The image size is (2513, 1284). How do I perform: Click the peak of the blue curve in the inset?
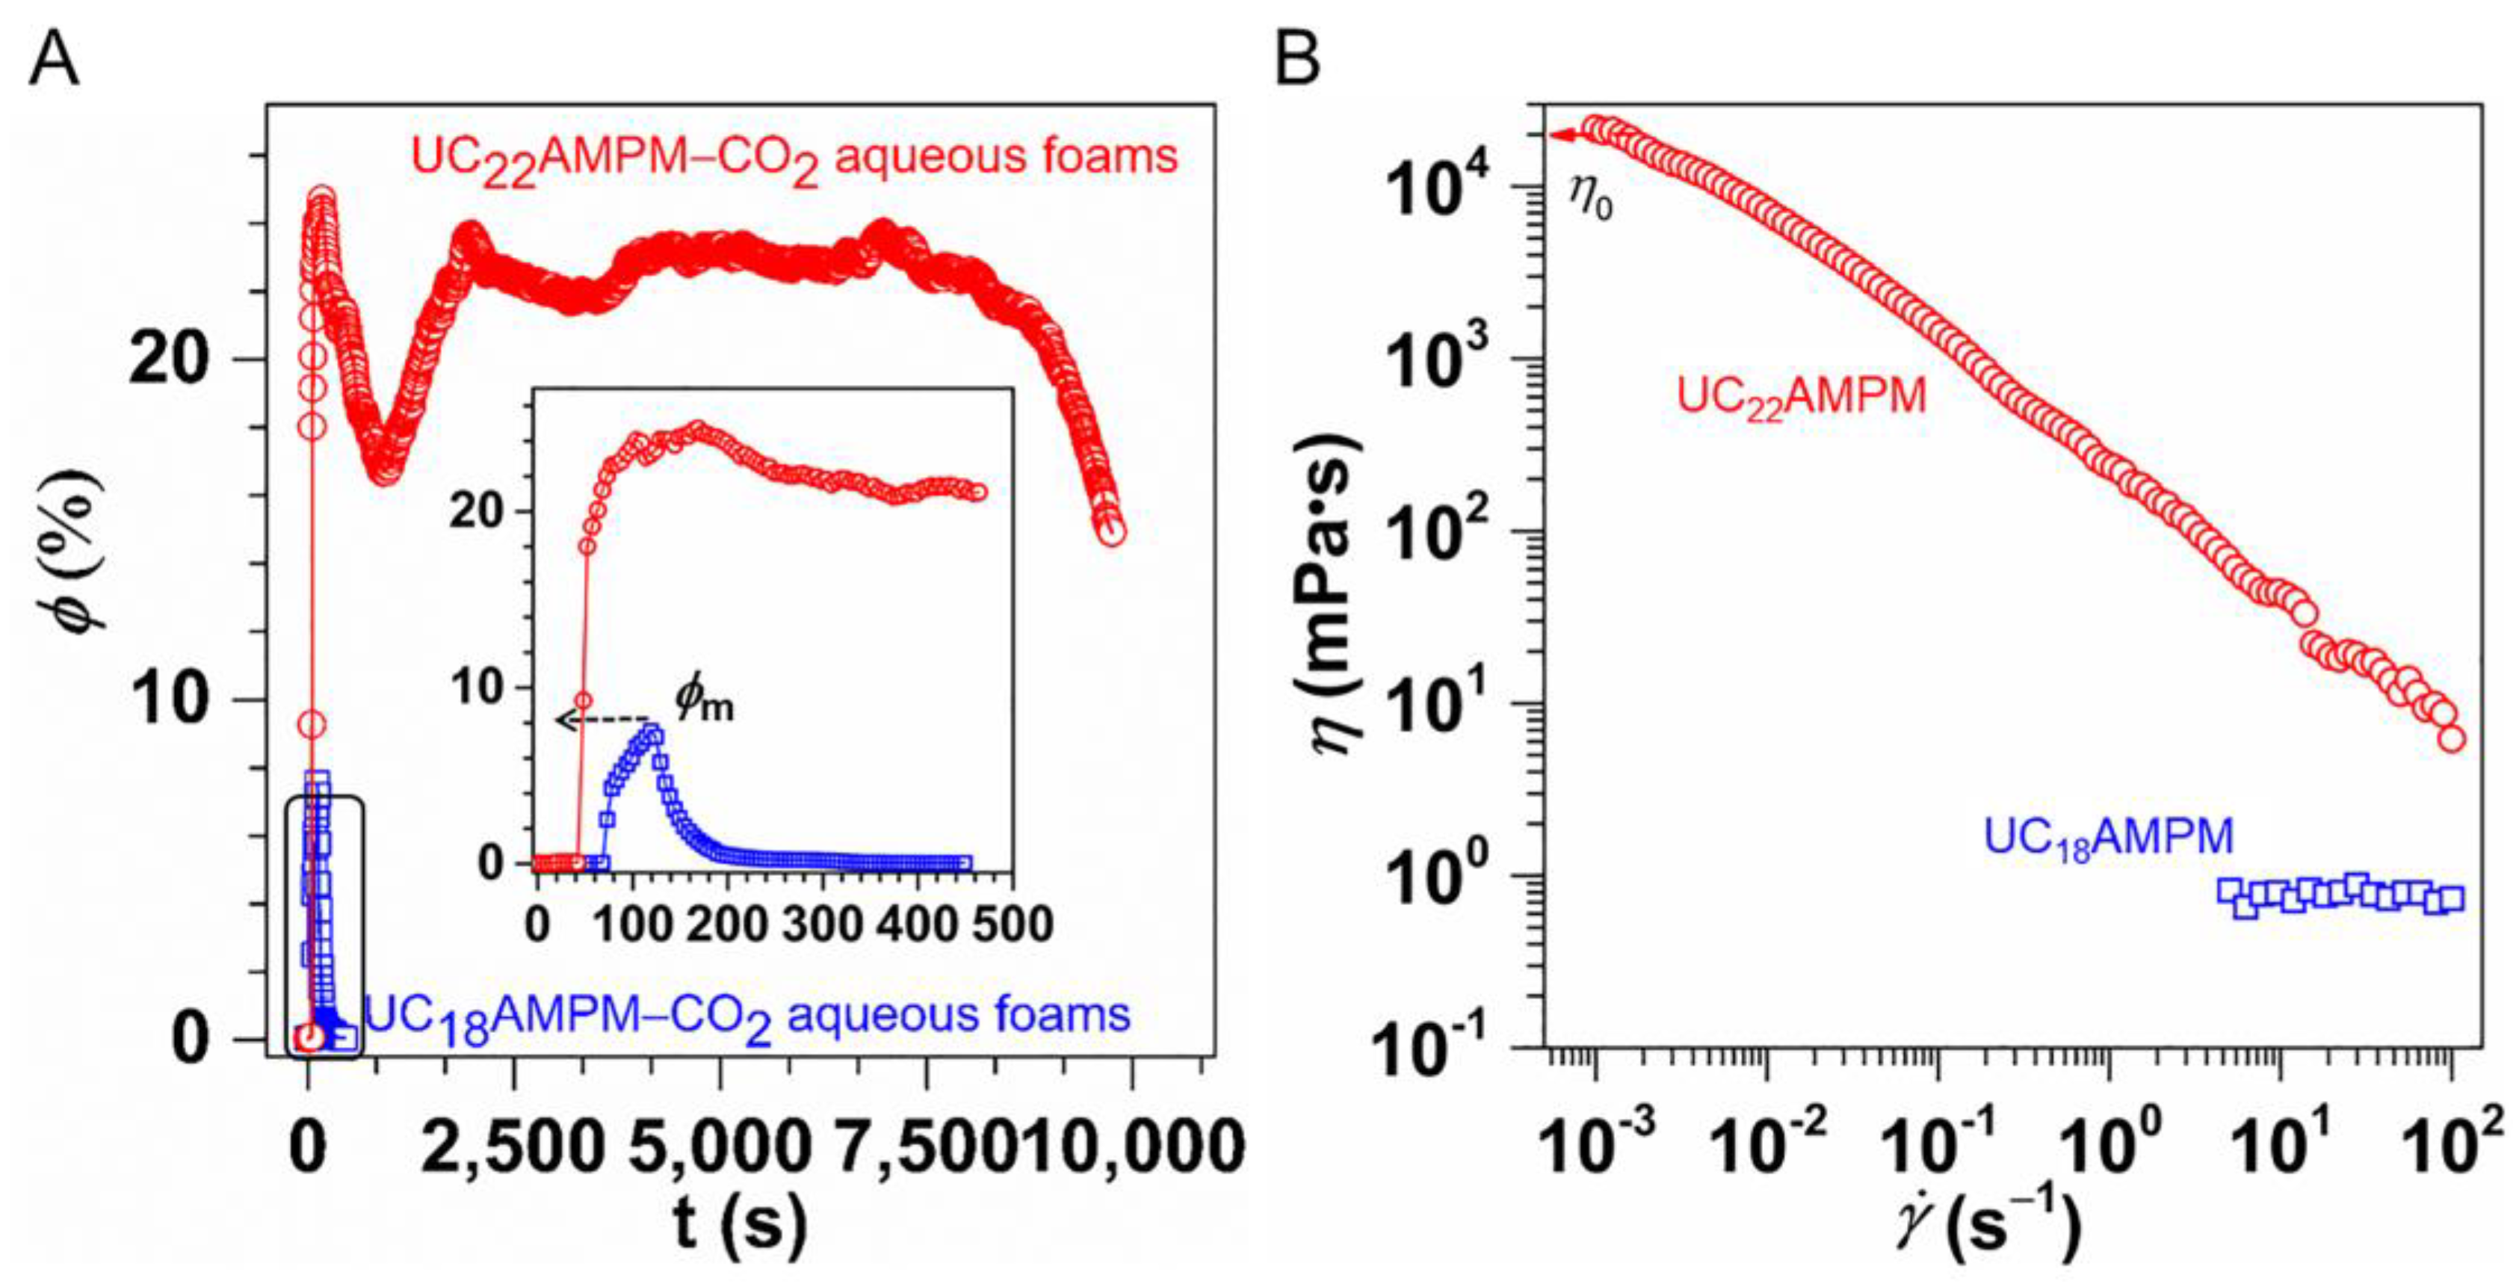(x=651, y=732)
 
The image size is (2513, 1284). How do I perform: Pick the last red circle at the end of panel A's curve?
(x=1112, y=533)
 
